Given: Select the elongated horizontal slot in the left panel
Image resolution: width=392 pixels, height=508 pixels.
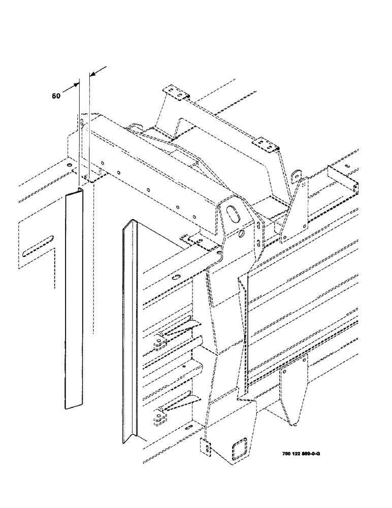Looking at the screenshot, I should click(x=39, y=244).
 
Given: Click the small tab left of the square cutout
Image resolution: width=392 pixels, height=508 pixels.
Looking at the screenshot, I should click(x=206, y=446).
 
